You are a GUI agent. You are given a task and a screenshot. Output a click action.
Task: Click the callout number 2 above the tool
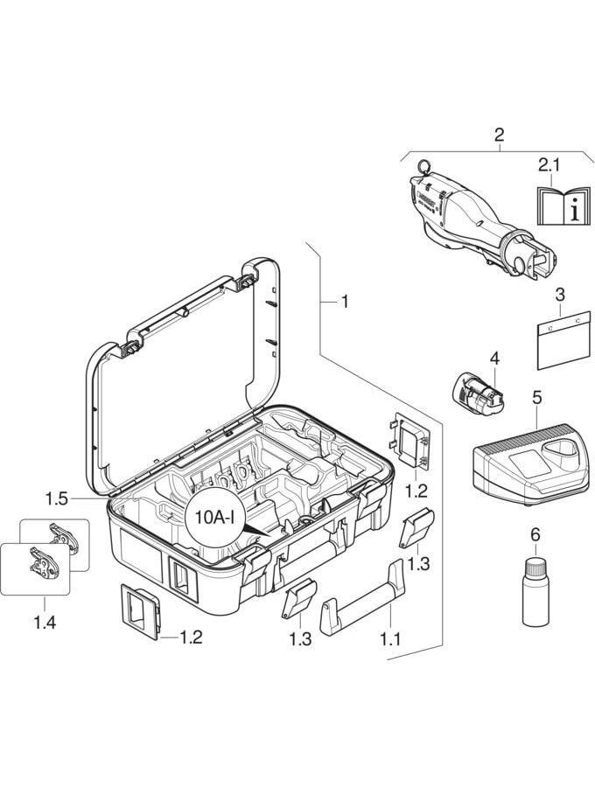click(x=499, y=135)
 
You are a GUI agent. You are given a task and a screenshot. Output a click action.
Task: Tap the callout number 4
click(x=494, y=359)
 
